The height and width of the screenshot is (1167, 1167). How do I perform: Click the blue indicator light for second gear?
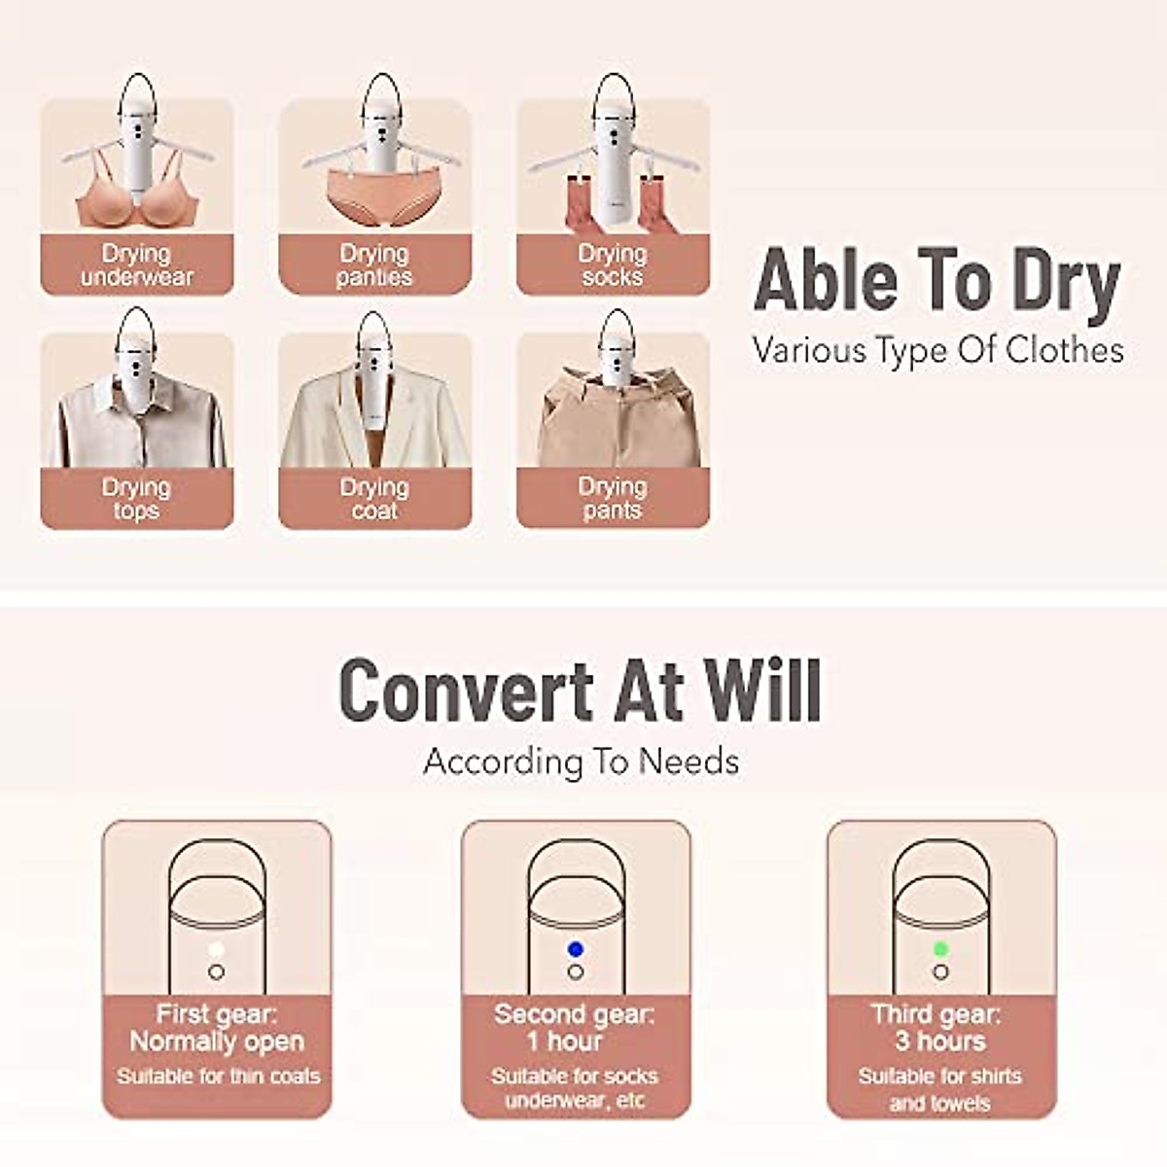(x=576, y=949)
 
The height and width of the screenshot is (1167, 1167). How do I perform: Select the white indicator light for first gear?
(x=216, y=949)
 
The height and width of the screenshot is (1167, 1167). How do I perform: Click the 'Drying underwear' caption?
(x=136, y=265)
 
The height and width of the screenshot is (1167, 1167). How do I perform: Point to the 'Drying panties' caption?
(x=374, y=265)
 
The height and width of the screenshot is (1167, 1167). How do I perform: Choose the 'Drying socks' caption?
(x=613, y=265)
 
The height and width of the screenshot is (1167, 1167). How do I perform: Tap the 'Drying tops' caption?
(x=136, y=498)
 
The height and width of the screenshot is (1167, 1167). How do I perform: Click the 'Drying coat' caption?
(x=374, y=498)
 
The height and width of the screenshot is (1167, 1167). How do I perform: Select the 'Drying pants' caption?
(x=613, y=498)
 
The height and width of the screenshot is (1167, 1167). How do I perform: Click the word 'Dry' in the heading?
(x=1066, y=283)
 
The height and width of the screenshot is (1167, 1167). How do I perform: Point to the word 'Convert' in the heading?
(x=466, y=690)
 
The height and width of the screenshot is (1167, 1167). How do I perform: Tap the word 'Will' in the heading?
(x=762, y=690)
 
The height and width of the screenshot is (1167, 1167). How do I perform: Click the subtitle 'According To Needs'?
(x=582, y=761)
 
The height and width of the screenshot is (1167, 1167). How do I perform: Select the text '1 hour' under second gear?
(x=575, y=1042)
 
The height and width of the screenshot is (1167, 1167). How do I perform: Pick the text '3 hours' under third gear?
(x=939, y=1042)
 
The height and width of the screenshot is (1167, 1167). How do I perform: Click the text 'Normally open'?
(x=217, y=1042)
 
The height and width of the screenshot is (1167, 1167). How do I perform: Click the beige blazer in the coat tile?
(x=374, y=418)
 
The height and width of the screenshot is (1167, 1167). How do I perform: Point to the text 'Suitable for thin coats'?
(x=218, y=1077)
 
